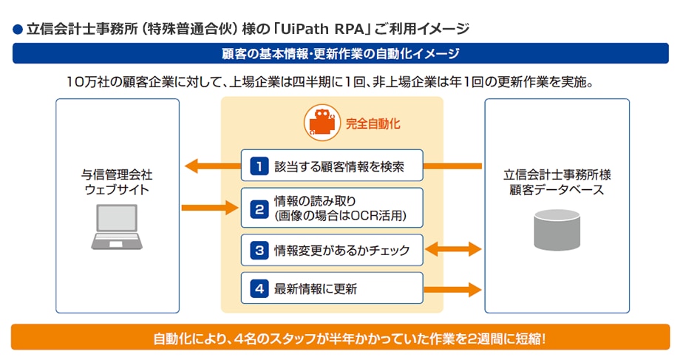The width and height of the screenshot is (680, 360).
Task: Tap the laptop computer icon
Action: (x=118, y=226)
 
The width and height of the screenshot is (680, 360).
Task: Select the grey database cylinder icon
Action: (x=557, y=228)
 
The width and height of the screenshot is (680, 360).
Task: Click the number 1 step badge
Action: (x=258, y=166)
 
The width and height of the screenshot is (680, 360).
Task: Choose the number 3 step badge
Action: (x=258, y=251)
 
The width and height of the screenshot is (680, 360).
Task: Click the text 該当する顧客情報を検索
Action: (x=339, y=166)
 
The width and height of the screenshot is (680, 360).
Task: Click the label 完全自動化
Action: (x=373, y=123)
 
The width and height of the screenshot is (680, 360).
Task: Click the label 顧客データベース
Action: (x=557, y=191)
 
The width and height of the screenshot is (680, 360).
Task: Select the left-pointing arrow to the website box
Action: (x=211, y=166)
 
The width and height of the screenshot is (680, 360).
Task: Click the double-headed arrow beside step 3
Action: (x=453, y=251)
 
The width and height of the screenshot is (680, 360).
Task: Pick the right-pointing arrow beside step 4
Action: (x=453, y=289)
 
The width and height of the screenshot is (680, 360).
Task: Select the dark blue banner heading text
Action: (x=340, y=54)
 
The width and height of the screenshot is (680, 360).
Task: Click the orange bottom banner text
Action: (x=340, y=339)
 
